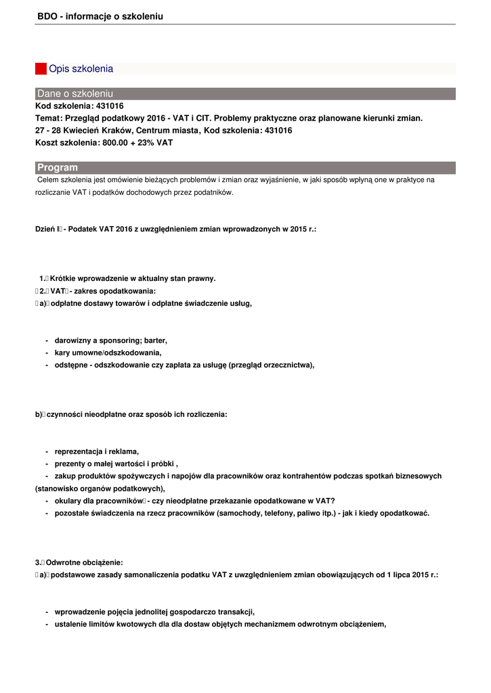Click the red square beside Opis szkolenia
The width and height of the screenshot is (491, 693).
(x=41, y=68)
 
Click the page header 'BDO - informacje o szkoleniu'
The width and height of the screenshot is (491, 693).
(x=100, y=16)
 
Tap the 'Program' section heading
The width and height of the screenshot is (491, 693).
(x=58, y=167)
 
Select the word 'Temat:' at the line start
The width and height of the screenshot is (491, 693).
(x=49, y=118)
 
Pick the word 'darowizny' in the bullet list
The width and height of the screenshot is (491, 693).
(x=72, y=340)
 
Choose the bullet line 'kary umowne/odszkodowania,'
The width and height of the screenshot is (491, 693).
(x=108, y=353)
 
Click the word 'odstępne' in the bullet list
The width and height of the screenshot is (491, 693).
(x=71, y=365)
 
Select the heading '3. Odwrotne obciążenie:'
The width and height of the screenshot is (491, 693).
(x=79, y=562)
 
